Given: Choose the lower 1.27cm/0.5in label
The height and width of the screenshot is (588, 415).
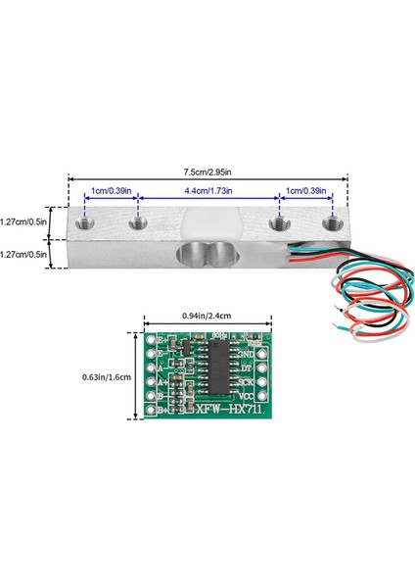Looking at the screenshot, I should click(x=24, y=254).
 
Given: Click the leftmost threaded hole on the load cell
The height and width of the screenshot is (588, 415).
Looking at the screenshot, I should click(x=85, y=226).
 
